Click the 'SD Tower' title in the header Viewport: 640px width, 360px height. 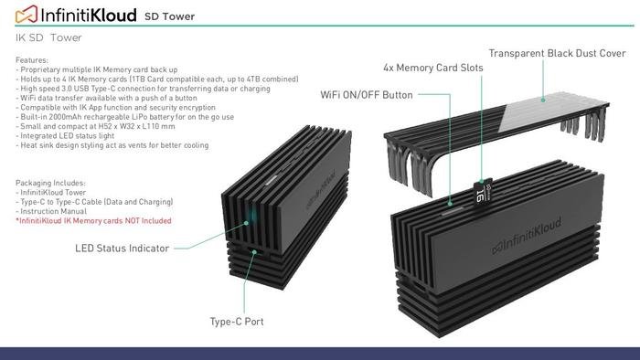click(169, 16)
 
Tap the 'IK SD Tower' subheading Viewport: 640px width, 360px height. click(48, 37)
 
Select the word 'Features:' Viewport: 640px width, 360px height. click(34, 60)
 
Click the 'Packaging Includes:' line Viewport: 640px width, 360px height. click(51, 182)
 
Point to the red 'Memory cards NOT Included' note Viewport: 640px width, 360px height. click(94, 221)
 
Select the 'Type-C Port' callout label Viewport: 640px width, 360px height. click(238, 322)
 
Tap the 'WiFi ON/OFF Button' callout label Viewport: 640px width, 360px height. click(366, 94)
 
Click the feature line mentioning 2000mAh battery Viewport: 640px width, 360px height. click(125, 117)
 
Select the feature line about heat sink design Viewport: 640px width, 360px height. click(112, 145)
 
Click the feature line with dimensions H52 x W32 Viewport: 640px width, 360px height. click(102, 126)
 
